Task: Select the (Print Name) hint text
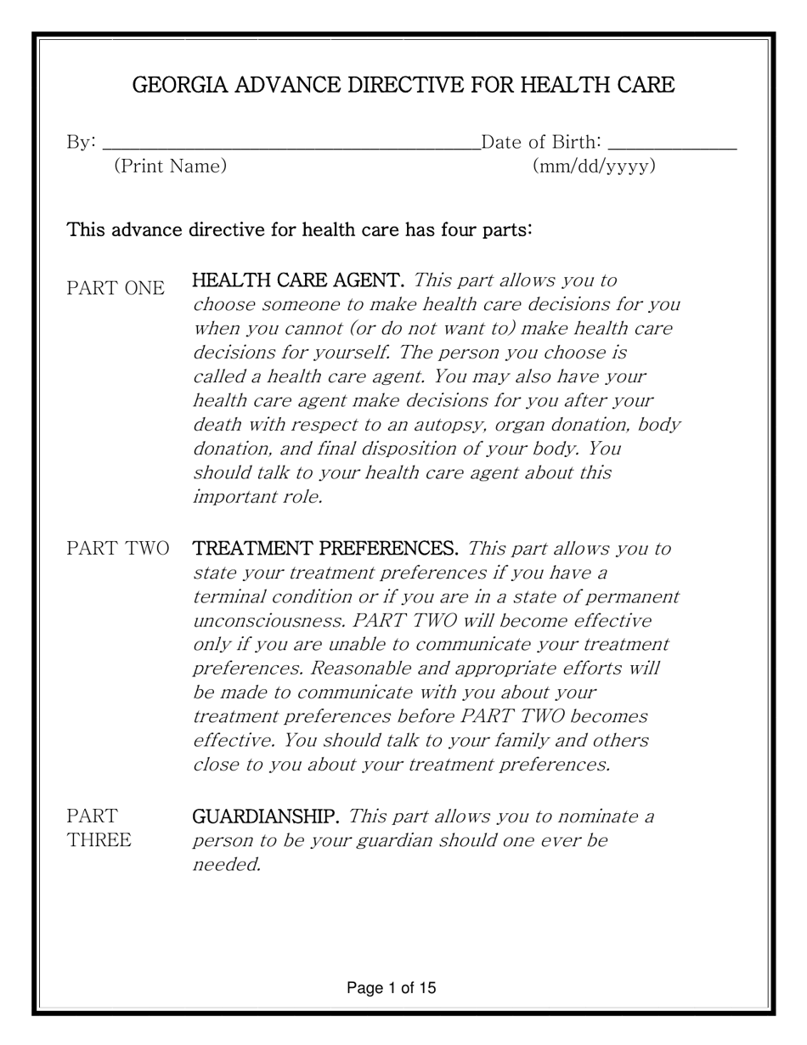(x=170, y=167)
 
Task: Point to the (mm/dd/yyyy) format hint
(x=594, y=167)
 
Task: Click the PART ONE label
(x=116, y=289)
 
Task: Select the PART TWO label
(x=117, y=549)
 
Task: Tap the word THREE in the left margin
(x=99, y=841)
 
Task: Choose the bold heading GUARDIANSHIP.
(x=267, y=816)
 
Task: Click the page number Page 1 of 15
(x=392, y=988)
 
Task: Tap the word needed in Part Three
(x=226, y=866)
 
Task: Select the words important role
(x=257, y=497)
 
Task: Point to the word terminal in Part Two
(x=228, y=596)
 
